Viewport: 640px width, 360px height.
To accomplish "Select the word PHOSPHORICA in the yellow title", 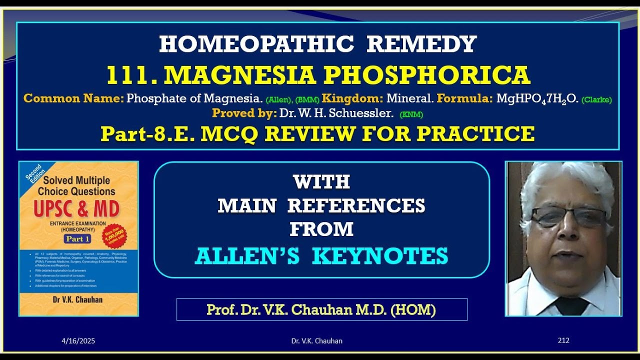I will coord(427,75).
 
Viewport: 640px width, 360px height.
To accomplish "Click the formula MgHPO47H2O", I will coord(537,98).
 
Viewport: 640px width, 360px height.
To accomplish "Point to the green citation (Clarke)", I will coord(596,99).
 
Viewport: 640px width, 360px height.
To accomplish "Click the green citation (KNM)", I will coord(411,114).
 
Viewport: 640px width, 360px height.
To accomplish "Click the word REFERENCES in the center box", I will coord(356,205).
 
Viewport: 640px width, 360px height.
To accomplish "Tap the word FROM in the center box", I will coord(321,229).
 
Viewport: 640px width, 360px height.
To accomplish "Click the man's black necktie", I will coord(571,304).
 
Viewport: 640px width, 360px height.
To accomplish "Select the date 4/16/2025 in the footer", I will coord(78,341).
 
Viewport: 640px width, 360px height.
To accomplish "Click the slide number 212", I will coord(563,340).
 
